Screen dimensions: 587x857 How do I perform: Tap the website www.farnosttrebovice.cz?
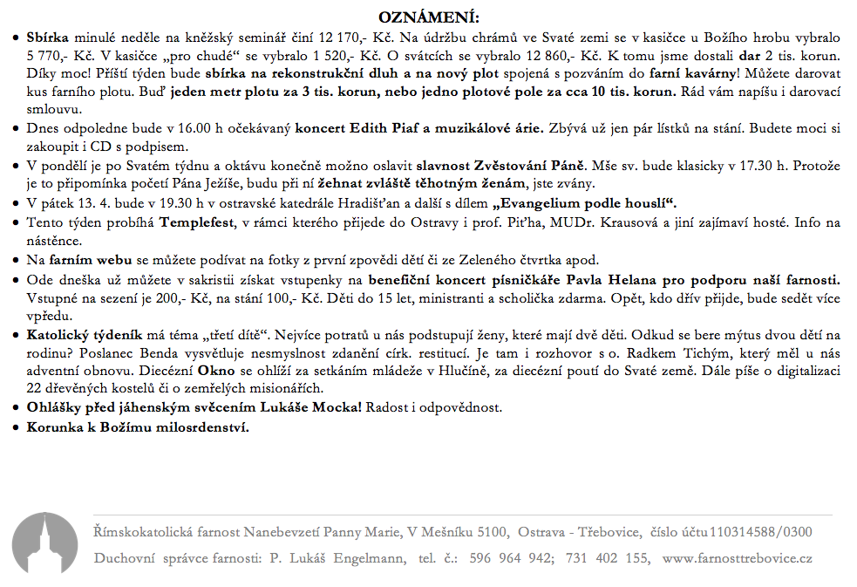738,558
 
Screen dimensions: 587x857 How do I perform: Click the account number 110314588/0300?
760,530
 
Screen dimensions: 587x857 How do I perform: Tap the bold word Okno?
254,370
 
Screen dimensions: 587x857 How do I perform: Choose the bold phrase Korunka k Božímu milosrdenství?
138,428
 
